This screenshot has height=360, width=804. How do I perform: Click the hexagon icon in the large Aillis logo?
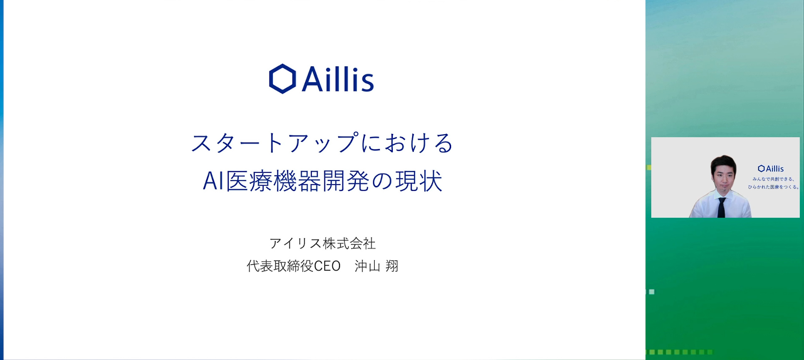[x=282, y=79]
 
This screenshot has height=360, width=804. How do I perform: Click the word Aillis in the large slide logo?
[x=338, y=79]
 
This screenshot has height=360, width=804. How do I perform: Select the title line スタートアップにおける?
[x=322, y=143]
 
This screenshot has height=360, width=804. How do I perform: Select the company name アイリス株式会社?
[x=322, y=243]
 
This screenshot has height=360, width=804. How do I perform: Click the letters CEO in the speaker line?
[x=327, y=266]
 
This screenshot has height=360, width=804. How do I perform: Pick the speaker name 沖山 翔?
[x=376, y=266]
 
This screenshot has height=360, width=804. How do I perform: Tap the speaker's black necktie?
[x=721, y=207]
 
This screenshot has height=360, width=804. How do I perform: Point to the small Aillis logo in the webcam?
[x=771, y=169]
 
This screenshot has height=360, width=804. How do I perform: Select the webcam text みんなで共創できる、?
[x=773, y=179]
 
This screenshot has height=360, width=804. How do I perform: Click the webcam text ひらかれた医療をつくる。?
[x=773, y=187]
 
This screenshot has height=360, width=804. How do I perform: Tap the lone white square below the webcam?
[x=652, y=292]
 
